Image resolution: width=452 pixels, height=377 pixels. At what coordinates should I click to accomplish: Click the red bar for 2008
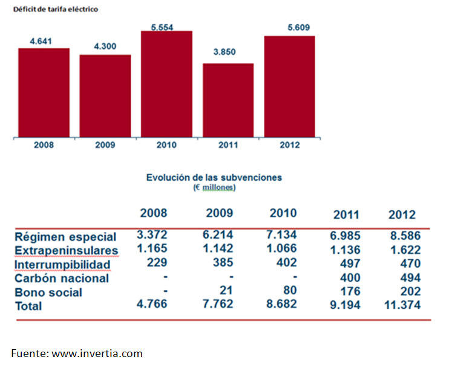pyautogui.click(x=44, y=92)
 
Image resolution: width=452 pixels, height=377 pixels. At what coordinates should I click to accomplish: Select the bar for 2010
pyautogui.click(x=166, y=84)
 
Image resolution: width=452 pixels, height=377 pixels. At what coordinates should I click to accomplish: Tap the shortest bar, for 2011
pyautogui.click(x=228, y=100)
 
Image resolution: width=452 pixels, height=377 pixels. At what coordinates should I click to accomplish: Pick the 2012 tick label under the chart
pyautogui.click(x=289, y=146)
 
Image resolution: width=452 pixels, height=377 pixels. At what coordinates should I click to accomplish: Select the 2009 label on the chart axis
pyautogui.click(x=105, y=146)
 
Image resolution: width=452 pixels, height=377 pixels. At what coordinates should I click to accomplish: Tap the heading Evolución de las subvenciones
pyautogui.click(x=214, y=178)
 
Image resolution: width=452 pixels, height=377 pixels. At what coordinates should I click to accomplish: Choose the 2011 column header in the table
pyautogui.click(x=346, y=214)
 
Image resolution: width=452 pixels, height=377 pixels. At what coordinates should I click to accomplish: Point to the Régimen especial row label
pyautogui.click(x=65, y=237)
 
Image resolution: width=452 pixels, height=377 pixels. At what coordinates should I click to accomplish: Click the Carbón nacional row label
pyautogui.click(x=62, y=279)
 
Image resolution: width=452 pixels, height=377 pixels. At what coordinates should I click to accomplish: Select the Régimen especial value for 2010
pyautogui.click(x=282, y=234)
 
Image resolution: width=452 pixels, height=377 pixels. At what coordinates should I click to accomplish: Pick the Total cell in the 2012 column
pyautogui.click(x=402, y=306)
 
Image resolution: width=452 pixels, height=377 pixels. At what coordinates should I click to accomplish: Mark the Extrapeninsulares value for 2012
pyautogui.click(x=404, y=250)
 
